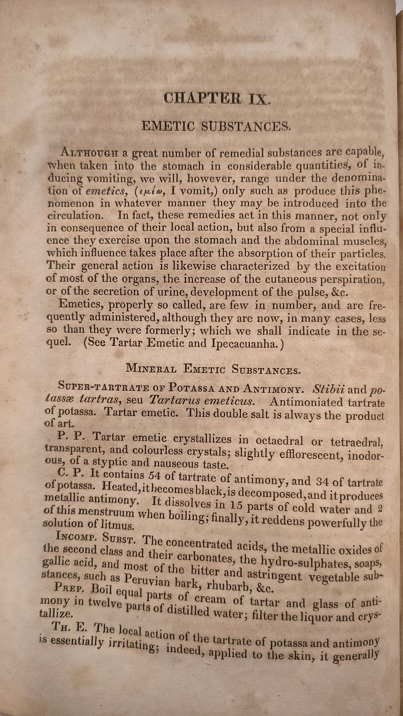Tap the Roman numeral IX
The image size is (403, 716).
[x=260, y=99]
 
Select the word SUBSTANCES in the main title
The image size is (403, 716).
[x=246, y=126]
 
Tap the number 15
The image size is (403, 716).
[x=236, y=505]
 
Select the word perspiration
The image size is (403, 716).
[x=352, y=280]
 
